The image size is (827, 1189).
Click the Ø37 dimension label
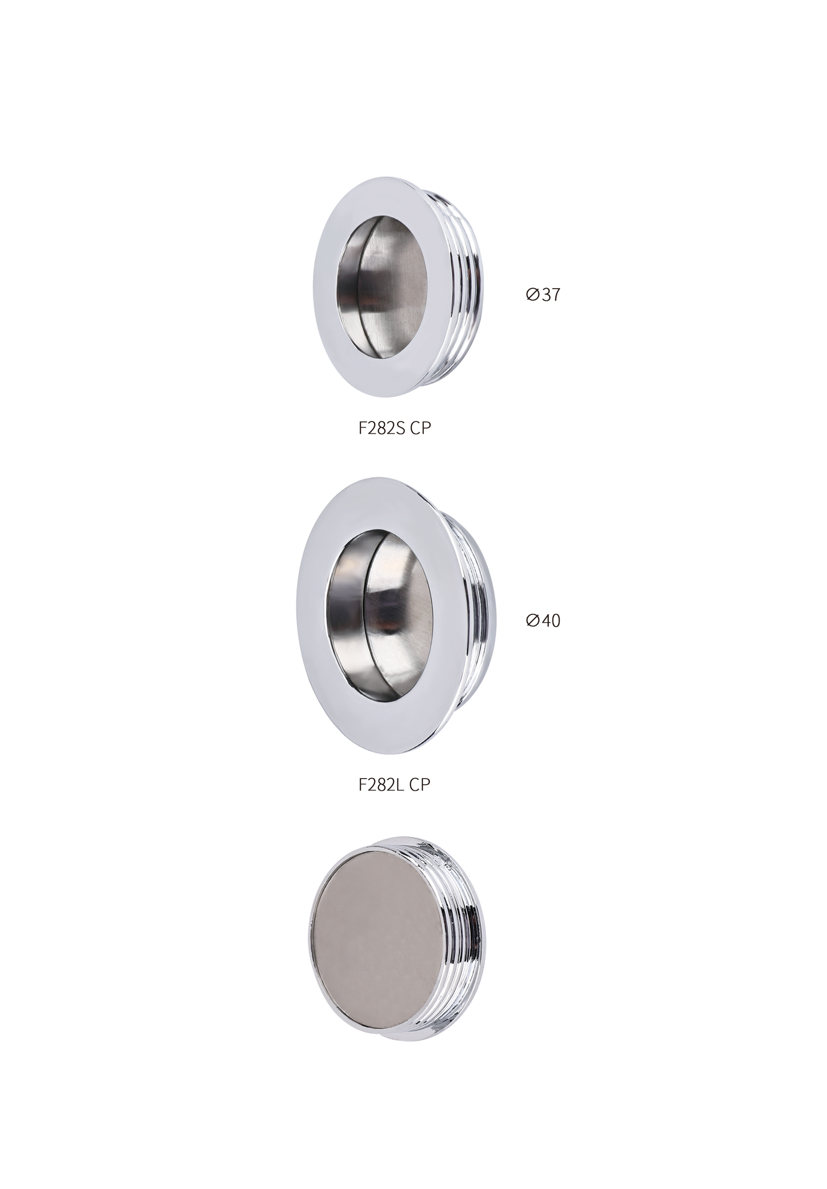tap(543, 295)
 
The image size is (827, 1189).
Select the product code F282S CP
tap(395, 428)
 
